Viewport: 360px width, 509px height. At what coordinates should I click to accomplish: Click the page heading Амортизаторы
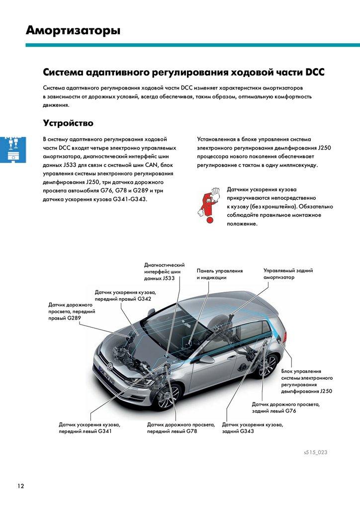click(x=73, y=31)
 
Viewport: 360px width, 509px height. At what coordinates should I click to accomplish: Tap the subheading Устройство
click(x=68, y=122)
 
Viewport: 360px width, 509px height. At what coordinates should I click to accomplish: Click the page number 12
click(x=20, y=486)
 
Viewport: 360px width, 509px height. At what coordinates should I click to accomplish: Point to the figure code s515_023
click(x=316, y=452)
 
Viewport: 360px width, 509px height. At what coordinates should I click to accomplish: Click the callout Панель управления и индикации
click(x=219, y=274)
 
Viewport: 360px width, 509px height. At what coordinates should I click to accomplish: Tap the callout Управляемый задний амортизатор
click(x=288, y=274)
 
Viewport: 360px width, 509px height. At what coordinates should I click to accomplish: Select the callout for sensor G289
click(x=71, y=311)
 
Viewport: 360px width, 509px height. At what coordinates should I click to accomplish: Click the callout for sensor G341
click(x=90, y=428)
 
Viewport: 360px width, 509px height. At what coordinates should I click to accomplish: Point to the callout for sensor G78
click(x=181, y=428)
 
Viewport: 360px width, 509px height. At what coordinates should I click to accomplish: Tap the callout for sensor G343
click(x=253, y=428)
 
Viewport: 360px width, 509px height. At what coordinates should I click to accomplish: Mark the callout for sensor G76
click(x=285, y=408)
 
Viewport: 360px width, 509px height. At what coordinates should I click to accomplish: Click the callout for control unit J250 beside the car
click(x=306, y=381)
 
